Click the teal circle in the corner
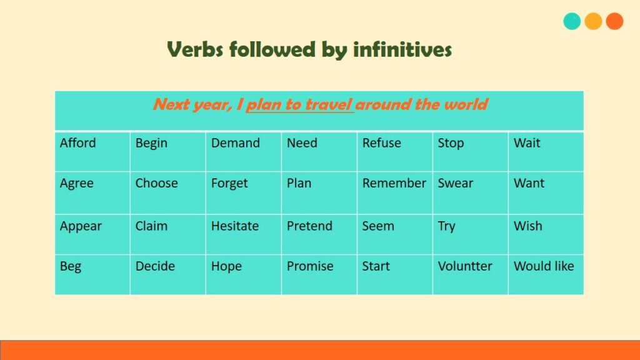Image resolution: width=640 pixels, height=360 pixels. pyautogui.click(x=572, y=21)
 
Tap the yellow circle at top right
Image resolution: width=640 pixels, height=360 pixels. pyautogui.click(x=593, y=21)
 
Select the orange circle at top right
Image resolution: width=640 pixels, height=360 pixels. pyautogui.click(x=614, y=21)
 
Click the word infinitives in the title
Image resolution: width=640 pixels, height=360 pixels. pyautogui.click(x=402, y=49)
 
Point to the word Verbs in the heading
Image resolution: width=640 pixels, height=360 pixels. pyautogui.click(x=195, y=49)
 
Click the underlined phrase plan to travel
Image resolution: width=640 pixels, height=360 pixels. pyautogui.click(x=299, y=104)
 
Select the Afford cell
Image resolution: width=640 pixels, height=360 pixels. pyautogui.click(x=92, y=151)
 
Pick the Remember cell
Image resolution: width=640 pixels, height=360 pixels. pyautogui.click(x=395, y=192)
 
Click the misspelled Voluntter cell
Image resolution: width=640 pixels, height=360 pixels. pyautogui.click(x=470, y=275)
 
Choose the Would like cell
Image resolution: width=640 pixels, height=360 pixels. pyautogui.click(x=546, y=275)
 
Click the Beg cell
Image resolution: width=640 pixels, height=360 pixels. pyautogui.click(x=92, y=275)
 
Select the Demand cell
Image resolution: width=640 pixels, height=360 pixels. pyautogui.click(x=243, y=151)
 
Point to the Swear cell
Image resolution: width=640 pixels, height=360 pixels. pyautogui.click(x=470, y=192)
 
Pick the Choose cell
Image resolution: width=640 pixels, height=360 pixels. pyautogui.click(x=167, y=192)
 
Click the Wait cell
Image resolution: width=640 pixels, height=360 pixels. pyautogui.click(x=546, y=151)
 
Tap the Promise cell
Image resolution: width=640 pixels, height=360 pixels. pyautogui.click(x=319, y=275)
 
